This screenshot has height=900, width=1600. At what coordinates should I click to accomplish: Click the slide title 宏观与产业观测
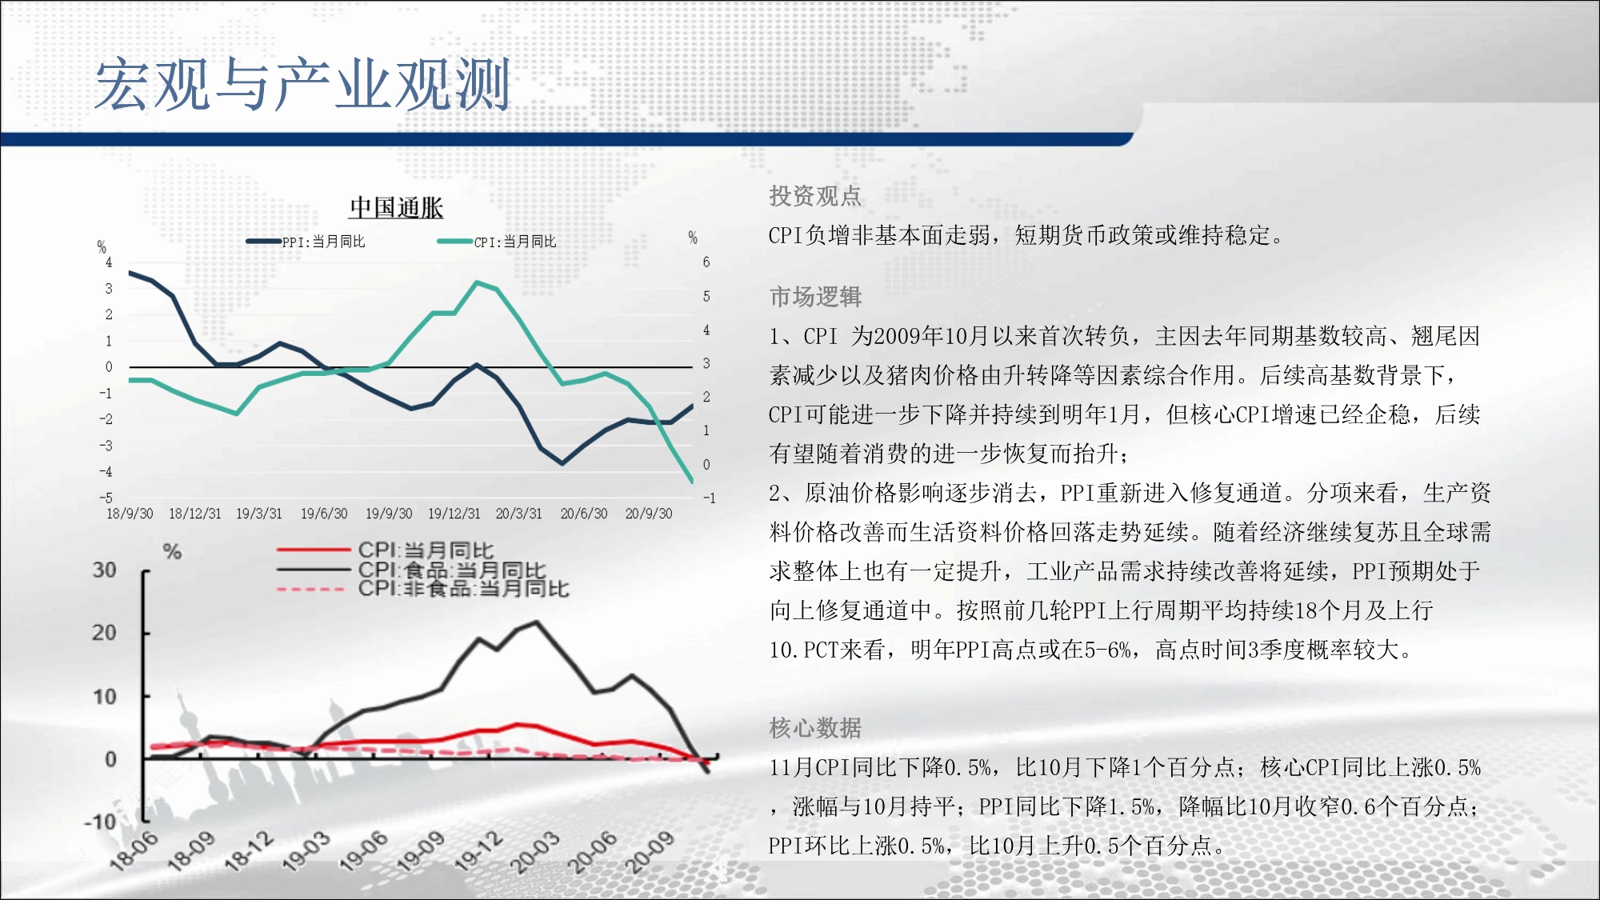pyautogui.click(x=302, y=84)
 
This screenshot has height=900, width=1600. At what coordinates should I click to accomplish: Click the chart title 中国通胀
pyautogui.click(x=396, y=208)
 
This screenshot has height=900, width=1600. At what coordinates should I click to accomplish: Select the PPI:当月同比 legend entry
pyautogui.click(x=306, y=242)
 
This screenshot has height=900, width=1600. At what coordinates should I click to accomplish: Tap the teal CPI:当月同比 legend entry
pyautogui.click(x=497, y=242)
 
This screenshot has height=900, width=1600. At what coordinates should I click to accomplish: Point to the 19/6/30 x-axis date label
pyautogui.click(x=324, y=514)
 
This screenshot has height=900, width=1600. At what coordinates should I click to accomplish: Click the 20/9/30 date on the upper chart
pyautogui.click(x=649, y=514)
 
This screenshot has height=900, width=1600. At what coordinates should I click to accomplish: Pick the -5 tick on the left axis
pyautogui.click(x=106, y=498)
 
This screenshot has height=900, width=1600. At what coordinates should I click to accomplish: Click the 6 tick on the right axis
pyautogui.click(x=706, y=262)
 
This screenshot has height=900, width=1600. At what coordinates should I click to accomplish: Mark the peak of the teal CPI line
pyautogui.click(x=477, y=282)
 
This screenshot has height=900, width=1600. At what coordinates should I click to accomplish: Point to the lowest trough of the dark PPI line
pyautogui.click(x=562, y=462)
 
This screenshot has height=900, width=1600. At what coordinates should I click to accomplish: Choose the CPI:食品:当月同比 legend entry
pyautogui.click(x=411, y=570)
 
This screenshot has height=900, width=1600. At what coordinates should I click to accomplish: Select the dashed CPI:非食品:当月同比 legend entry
pyautogui.click(x=423, y=589)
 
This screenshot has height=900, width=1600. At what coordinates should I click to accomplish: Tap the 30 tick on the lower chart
pyautogui.click(x=105, y=570)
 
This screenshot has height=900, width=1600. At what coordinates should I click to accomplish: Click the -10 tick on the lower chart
pyautogui.click(x=101, y=822)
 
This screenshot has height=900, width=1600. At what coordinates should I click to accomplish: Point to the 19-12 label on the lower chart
pyautogui.click(x=479, y=850)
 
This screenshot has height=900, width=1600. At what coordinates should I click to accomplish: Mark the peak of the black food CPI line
pyautogui.click(x=536, y=622)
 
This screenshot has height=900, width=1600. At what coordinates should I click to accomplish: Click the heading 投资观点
pyautogui.click(x=815, y=196)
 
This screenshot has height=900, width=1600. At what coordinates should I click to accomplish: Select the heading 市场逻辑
pyautogui.click(x=815, y=297)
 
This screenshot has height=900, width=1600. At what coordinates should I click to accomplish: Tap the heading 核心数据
pyautogui.click(x=815, y=728)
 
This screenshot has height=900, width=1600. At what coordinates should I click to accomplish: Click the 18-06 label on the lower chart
pyautogui.click(x=134, y=850)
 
